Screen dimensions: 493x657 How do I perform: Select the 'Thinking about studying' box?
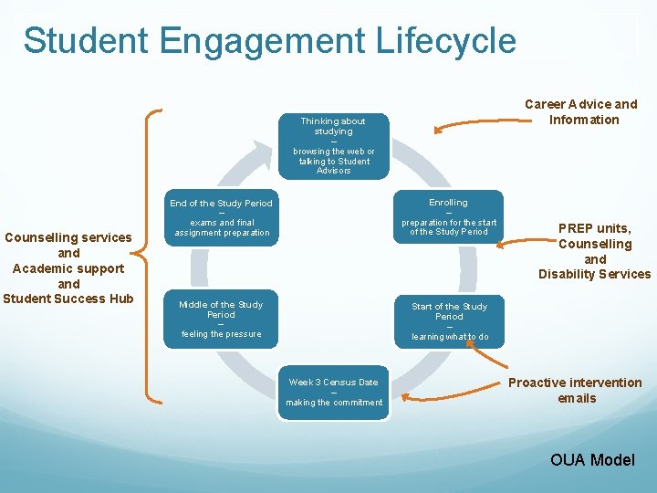(333, 145)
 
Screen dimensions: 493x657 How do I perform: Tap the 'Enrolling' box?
(448, 217)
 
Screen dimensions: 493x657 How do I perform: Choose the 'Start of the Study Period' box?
(449, 321)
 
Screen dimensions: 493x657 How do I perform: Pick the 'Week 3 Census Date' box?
(333, 393)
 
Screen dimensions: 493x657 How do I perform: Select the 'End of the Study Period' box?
(221, 217)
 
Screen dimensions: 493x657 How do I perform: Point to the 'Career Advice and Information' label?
(580, 111)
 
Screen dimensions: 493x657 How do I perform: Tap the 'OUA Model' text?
(591, 459)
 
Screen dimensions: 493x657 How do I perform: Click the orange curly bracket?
(153, 255)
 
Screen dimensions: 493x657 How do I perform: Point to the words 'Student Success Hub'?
(68, 299)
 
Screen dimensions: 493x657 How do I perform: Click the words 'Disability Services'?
(594, 274)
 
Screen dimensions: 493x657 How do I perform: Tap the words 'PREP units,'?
(594, 228)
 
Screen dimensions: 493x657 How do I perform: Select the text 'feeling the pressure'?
(221, 334)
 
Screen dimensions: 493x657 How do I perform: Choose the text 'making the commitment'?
(334, 403)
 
